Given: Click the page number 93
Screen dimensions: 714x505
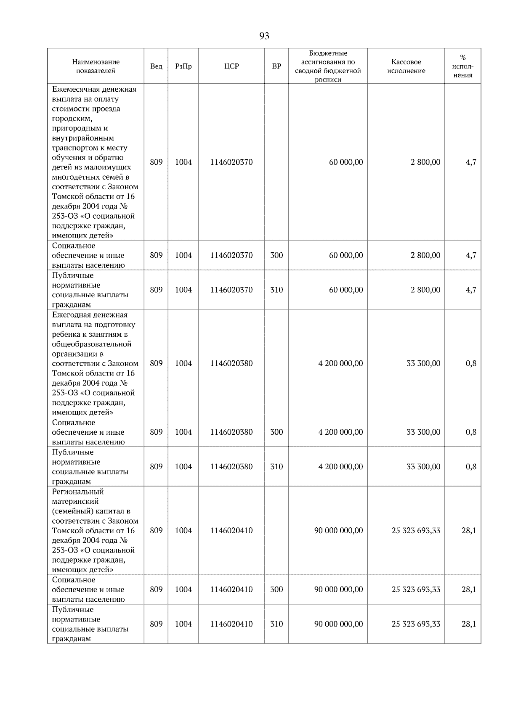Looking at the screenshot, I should click(264, 36).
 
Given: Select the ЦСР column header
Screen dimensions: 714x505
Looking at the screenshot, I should click(231, 66).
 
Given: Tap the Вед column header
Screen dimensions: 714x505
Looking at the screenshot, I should click(156, 66).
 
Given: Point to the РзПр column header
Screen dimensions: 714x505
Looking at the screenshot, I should click(183, 66).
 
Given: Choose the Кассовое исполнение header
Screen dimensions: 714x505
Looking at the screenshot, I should click(406, 66).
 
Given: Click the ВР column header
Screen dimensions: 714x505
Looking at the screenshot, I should click(276, 66).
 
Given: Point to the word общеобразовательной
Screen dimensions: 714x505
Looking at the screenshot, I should click(92, 344).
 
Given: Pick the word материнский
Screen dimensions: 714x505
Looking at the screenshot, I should click(75, 501).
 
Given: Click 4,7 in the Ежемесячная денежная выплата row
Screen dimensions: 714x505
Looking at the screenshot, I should click(471, 162).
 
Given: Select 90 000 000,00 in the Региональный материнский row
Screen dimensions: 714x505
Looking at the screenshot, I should click(338, 531).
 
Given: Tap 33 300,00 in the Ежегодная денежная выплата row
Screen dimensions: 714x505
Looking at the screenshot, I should click(423, 363).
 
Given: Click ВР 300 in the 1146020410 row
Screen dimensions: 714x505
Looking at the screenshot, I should click(276, 590).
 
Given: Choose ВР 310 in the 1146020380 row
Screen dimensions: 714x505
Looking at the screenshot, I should click(276, 467).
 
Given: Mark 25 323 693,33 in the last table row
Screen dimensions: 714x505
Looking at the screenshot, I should click(416, 624).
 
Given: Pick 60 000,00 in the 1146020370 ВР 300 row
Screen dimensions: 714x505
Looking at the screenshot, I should click(346, 255).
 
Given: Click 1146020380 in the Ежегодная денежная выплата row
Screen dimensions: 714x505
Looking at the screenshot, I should click(231, 363).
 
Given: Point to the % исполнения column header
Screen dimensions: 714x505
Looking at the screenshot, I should click(463, 66).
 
